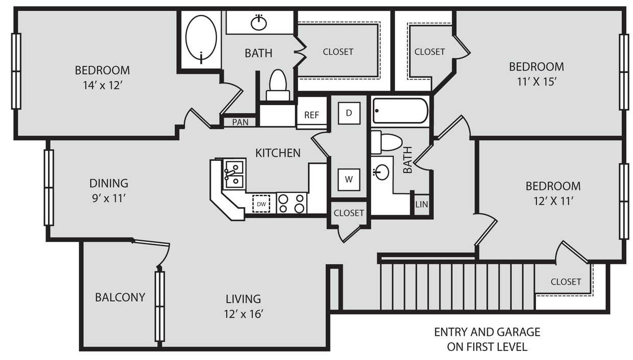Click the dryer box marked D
[349, 113]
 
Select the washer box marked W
[349, 179]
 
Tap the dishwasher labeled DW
[261, 204]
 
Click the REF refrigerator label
[311, 115]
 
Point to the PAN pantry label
[240, 122]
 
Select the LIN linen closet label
[422, 204]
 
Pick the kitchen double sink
[234, 174]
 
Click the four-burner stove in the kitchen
[291, 203]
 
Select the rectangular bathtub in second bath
[400, 111]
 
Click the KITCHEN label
[278, 153]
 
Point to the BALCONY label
[120, 297]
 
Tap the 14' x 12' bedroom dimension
[102, 85]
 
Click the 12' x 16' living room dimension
[244, 314]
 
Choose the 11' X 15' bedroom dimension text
[536, 82]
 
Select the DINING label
[109, 183]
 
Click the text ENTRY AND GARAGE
[487, 332]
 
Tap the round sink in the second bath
[381, 172]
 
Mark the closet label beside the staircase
[566, 281]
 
